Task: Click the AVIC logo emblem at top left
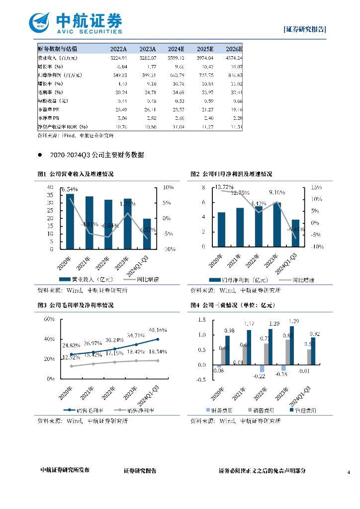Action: [x=40, y=22]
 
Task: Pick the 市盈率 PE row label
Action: [x=50, y=109]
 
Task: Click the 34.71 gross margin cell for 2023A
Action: [x=148, y=92]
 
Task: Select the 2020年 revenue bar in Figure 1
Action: [x=70, y=221]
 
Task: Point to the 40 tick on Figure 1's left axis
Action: [x=50, y=187]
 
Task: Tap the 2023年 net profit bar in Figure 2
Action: [x=277, y=224]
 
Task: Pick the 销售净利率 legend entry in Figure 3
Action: [x=134, y=411]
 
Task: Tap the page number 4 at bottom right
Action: [x=349, y=471]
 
